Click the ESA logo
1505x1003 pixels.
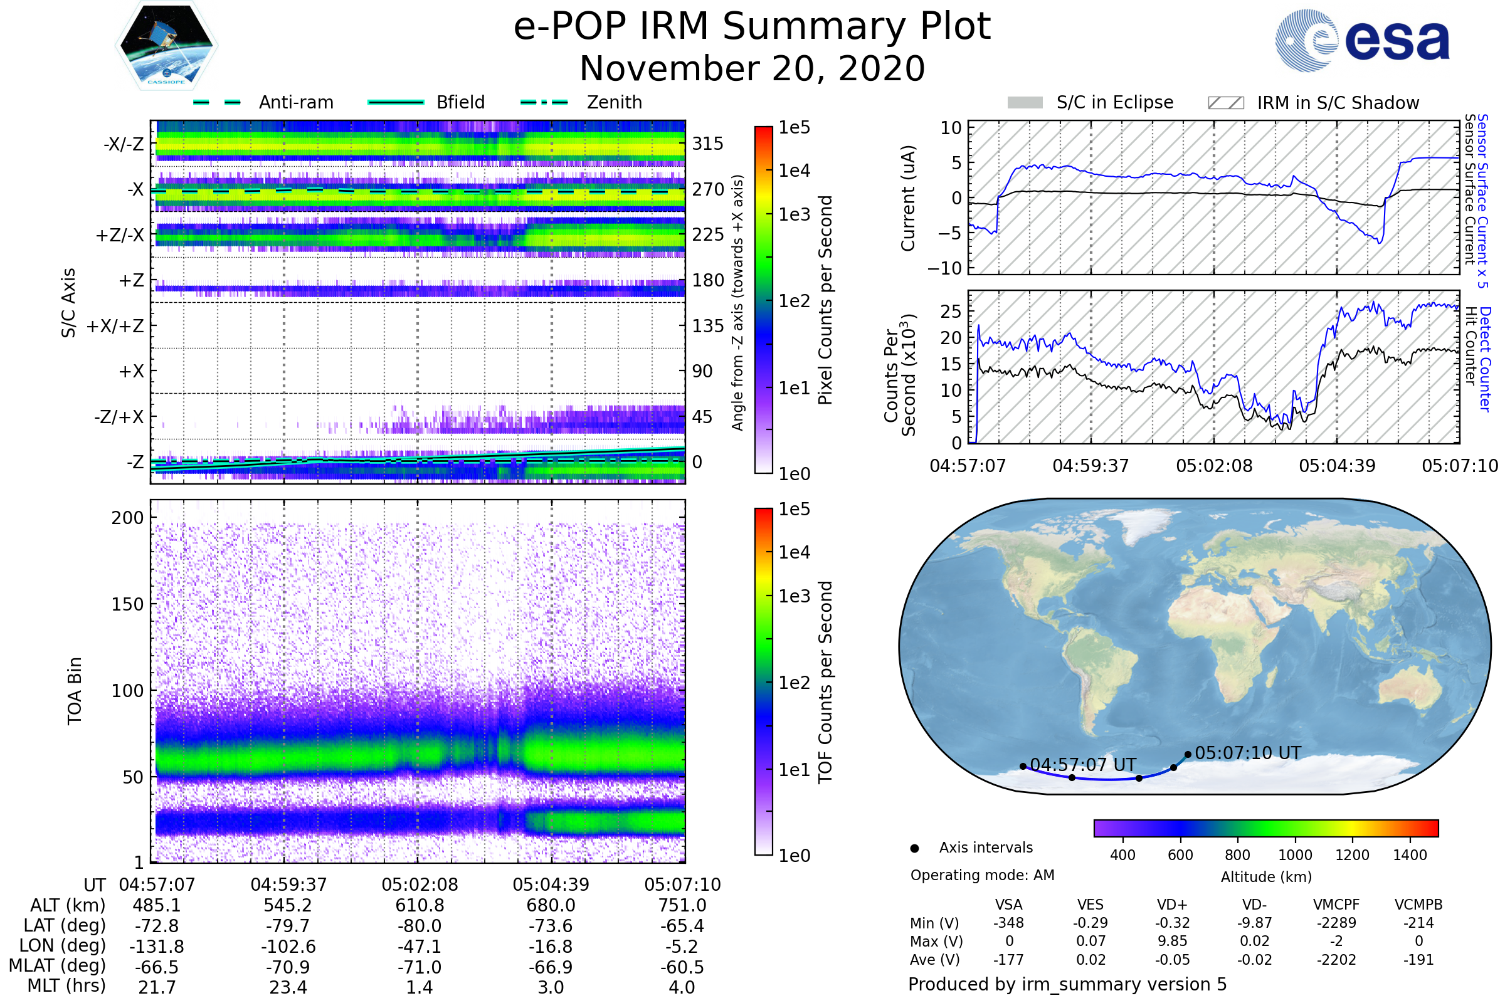(x=1362, y=40)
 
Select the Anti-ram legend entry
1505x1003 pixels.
(x=263, y=102)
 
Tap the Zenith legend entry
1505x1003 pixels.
(x=581, y=102)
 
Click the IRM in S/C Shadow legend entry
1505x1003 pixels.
(x=1313, y=103)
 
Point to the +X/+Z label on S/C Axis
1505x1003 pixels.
(x=115, y=326)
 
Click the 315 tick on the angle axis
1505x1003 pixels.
(x=708, y=144)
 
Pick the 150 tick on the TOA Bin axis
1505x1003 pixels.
(x=128, y=604)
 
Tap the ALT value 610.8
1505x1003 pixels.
(x=420, y=906)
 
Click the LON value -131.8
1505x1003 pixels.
(x=157, y=947)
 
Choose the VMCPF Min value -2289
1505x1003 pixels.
(x=1336, y=923)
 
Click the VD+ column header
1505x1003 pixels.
(x=1172, y=905)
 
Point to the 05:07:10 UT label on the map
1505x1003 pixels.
(x=1248, y=753)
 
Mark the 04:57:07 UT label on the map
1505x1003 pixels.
(x=1084, y=765)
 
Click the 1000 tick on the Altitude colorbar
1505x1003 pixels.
(x=1295, y=855)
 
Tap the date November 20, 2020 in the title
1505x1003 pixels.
(x=752, y=68)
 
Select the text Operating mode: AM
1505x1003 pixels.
(x=982, y=875)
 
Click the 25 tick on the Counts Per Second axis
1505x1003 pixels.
(x=951, y=312)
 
